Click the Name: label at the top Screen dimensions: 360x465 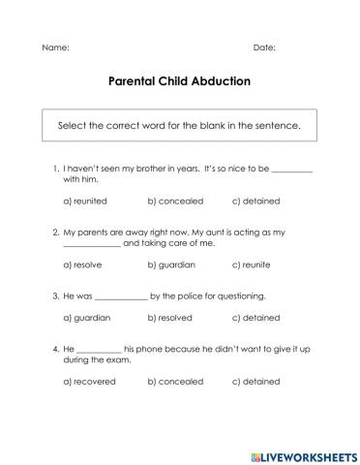(55, 47)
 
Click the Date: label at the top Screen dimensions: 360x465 (264, 47)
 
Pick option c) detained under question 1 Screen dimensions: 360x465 (256, 201)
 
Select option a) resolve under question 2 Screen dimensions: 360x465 (82, 264)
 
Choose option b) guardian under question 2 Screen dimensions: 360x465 (171, 264)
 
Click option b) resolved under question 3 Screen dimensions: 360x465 (171, 317)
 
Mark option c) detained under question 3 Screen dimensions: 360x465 (256, 317)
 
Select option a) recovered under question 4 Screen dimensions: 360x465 (89, 381)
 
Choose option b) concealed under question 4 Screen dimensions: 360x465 (175, 381)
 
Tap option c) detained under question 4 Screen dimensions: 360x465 (256, 381)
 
